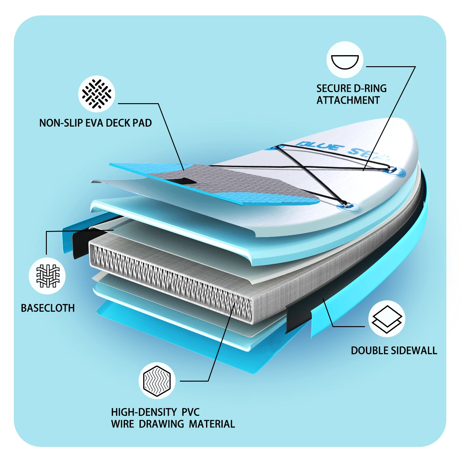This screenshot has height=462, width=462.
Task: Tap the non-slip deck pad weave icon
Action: (x=97, y=94)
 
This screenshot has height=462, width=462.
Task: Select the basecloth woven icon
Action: (x=47, y=276)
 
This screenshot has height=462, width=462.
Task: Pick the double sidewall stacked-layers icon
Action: (x=387, y=319)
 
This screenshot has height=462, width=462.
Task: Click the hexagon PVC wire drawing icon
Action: (x=157, y=381)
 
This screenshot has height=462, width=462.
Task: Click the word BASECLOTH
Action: (x=48, y=308)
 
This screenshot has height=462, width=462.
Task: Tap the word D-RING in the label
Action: (x=370, y=89)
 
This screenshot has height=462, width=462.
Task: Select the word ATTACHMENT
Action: (x=348, y=100)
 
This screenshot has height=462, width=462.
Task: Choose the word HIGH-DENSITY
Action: (x=144, y=412)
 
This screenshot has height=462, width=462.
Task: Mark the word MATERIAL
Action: (x=212, y=424)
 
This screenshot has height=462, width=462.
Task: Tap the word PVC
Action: (x=190, y=412)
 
